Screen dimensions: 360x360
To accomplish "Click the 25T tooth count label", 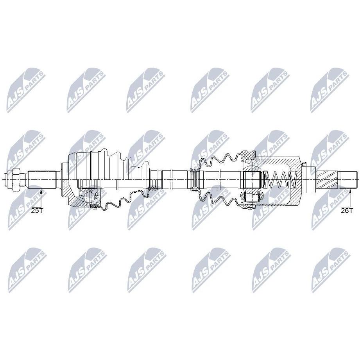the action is [x=37, y=210].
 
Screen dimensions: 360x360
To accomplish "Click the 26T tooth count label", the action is [x=347, y=210].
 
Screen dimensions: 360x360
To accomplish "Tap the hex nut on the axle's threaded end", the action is [x=17, y=179].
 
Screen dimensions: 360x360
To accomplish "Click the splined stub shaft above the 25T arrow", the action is [x=42, y=179].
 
